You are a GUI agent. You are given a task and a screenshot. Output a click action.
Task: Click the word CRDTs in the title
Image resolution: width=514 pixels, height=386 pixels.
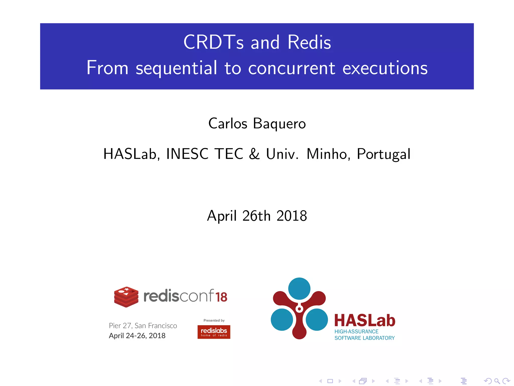coord(214,42)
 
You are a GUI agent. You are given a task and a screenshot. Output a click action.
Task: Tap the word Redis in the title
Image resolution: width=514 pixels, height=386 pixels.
coord(309,42)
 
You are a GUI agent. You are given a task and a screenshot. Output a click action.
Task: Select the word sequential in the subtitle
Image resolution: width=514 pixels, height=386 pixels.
coord(176,68)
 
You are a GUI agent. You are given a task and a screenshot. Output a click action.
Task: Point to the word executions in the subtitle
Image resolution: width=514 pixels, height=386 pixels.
coord(385,68)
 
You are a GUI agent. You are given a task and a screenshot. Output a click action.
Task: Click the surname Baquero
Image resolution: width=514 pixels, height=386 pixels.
coord(279,124)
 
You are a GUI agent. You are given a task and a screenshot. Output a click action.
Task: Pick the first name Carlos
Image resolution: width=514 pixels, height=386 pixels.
coord(228,124)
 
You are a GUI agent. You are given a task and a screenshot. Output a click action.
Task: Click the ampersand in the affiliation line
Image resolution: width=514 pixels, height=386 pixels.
coord(254,154)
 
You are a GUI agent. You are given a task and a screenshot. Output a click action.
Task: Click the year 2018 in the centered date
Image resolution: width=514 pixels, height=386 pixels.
coord(292,216)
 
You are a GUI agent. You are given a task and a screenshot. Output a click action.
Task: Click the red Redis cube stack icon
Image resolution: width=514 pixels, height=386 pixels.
coord(126,297)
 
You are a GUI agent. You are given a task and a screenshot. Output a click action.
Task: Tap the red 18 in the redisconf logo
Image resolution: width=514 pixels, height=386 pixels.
coord(221,297)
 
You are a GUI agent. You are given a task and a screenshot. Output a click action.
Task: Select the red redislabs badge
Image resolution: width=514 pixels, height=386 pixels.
coord(214,332)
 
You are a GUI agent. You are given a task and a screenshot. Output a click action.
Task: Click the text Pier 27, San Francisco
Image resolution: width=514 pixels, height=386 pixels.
coord(143,326)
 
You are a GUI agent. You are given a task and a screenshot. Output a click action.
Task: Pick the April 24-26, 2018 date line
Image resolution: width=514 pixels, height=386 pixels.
coord(137,336)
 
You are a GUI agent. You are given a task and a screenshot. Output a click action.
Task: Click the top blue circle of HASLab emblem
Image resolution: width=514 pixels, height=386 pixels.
coord(299,288)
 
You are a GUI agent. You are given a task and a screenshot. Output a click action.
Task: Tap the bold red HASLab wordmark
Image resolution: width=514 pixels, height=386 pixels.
coord(365,321)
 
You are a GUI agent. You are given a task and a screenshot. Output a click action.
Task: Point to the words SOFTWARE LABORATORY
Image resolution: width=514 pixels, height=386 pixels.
coord(364,338)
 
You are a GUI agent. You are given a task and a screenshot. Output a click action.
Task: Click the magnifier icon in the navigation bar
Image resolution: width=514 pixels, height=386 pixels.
coord(497,381)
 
